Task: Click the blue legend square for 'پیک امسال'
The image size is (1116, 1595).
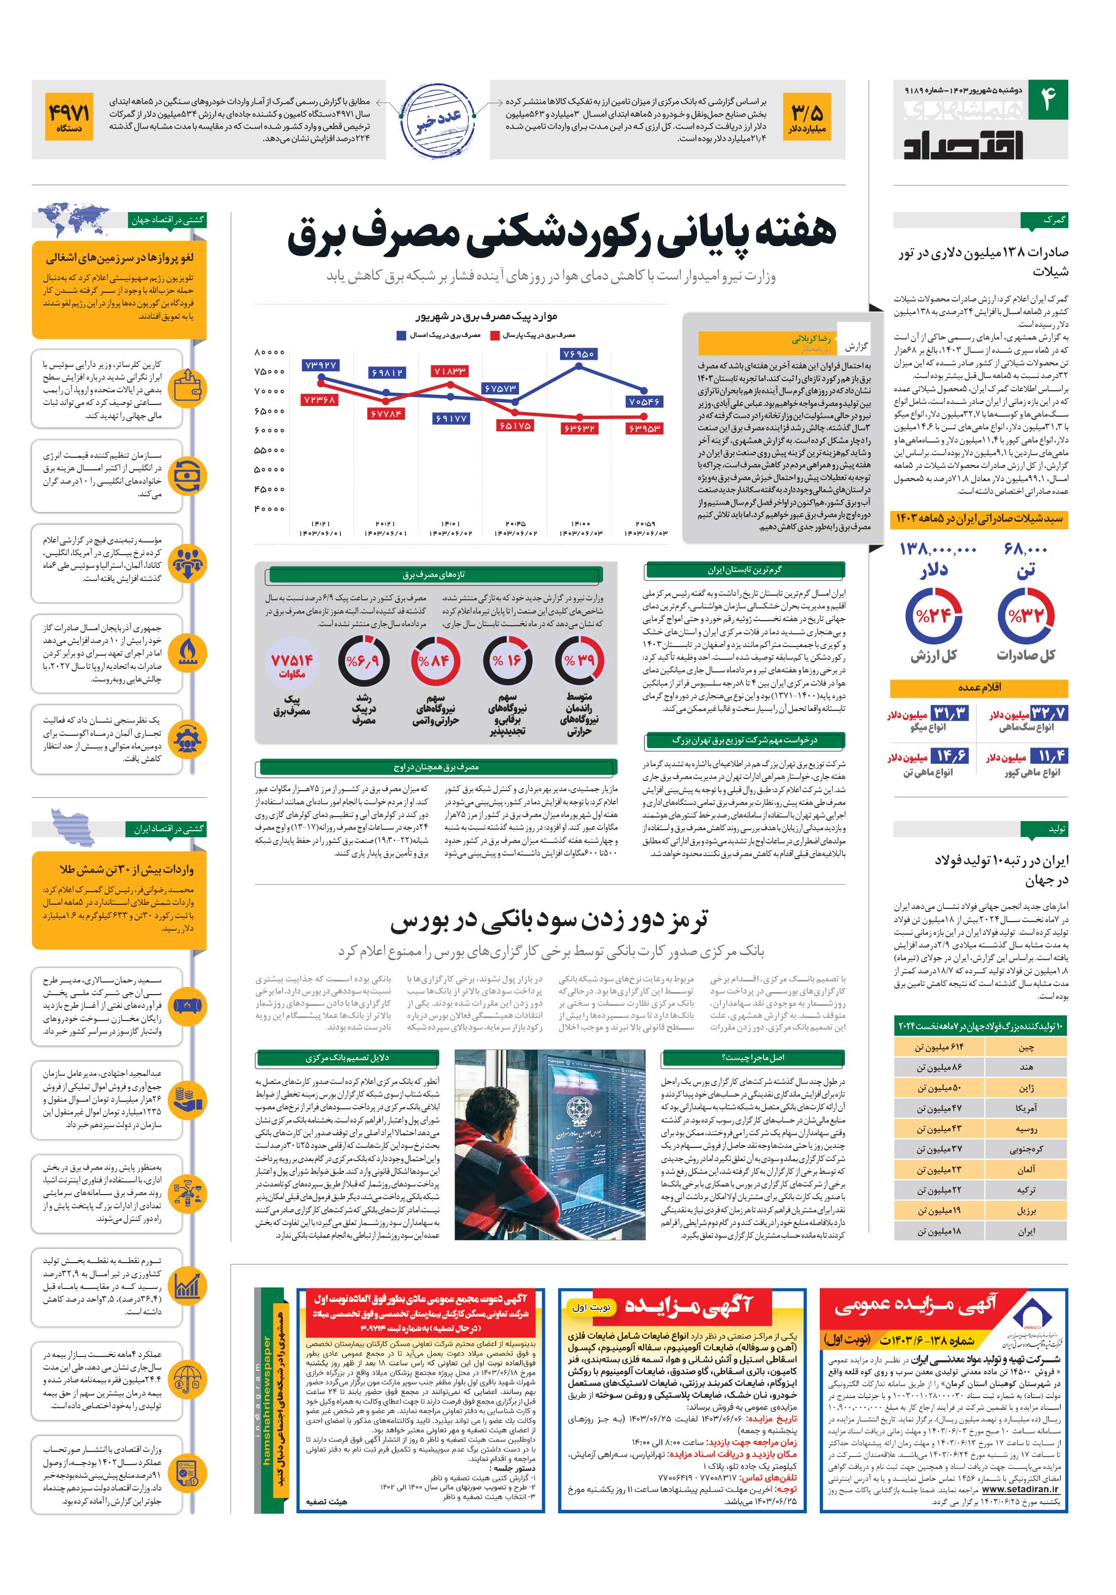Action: point(401,335)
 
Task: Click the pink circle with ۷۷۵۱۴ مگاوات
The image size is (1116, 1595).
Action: point(292,663)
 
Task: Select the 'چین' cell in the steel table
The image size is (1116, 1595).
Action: point(1026,1047)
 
